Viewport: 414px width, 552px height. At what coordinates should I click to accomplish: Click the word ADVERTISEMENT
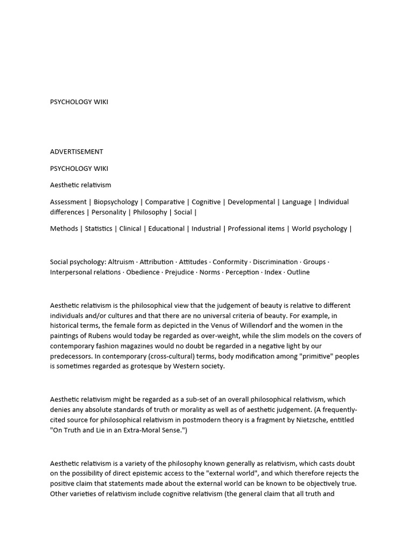point(77,151)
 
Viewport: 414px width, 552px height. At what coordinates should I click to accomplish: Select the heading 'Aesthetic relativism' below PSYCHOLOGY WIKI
point(80,185)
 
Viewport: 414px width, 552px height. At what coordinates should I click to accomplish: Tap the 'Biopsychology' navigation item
point(115,202)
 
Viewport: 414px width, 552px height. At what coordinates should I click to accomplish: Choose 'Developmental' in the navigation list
point(251,202)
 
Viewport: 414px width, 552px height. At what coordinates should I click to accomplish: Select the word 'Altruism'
point(121,262)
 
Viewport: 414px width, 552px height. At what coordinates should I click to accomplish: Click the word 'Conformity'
point(230,262)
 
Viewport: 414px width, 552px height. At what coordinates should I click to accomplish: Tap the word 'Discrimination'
point(275,262)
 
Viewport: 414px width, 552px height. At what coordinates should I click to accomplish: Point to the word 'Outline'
point(298,272)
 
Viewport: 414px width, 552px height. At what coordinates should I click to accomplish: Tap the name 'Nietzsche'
point(312,419)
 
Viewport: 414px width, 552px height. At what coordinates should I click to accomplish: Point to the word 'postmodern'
point(196,419)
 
